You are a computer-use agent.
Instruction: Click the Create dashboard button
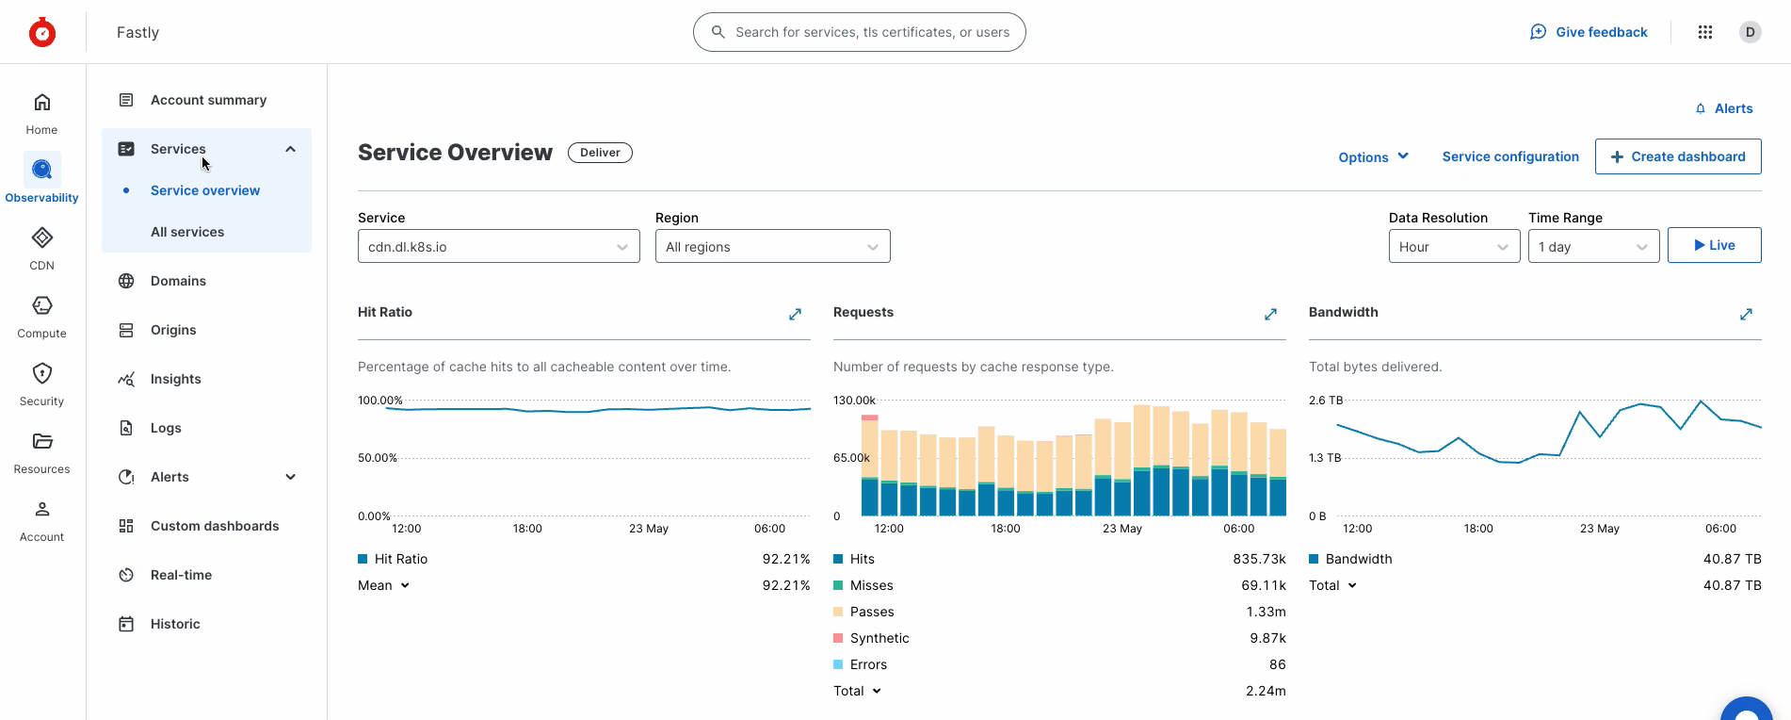click(1677, 156)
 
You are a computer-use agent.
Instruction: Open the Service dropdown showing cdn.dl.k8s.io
click(498, 247)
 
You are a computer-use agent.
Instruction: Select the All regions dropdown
click(772, 247)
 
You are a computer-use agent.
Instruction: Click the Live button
click(1714, 245)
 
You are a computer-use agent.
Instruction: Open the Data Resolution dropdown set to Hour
click(1453, 247)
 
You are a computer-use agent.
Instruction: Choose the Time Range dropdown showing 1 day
click(1592, 247)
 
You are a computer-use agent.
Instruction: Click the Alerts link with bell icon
click(1724, 108)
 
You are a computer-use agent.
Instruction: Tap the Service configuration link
click(1509, 156)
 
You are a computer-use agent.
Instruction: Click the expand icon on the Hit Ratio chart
click(795, 314)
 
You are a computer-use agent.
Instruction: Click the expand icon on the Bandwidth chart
click(1746, 314)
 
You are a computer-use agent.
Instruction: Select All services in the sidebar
click(187, 232)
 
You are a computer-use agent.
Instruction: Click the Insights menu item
click(175, 379)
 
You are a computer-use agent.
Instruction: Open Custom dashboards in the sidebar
click(214, 526)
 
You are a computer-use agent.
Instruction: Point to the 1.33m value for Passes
click(1266, 612)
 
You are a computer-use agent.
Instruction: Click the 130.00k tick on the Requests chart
click(854, 401)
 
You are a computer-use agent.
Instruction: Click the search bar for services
click(859, 32)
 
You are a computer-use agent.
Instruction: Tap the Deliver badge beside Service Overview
click(600, 153)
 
